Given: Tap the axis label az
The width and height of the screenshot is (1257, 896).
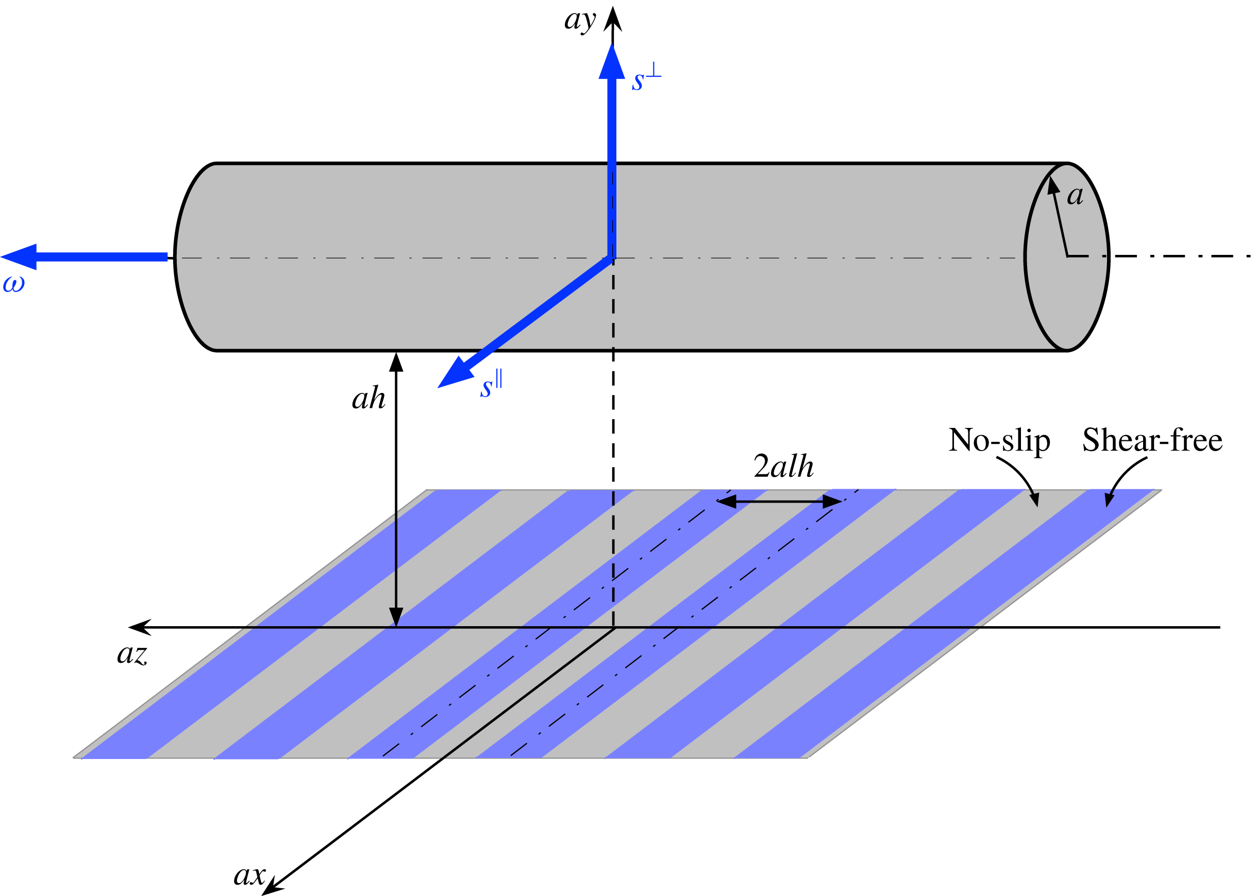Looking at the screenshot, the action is tap(132, 655).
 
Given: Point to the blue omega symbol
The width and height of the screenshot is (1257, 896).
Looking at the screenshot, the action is tap(14, 284).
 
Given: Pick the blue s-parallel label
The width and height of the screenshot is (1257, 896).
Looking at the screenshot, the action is tap(491, 383).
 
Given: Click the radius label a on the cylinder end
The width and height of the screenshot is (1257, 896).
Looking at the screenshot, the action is tap(1075, 196).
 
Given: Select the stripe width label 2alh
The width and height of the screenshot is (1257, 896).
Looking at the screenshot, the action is tap(783, 466).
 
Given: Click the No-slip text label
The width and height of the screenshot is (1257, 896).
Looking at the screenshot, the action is tap(999, 441).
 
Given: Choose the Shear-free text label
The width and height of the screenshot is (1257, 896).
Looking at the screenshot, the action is tap(1152, 440).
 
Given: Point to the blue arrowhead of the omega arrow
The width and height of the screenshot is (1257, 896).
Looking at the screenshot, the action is tap(19, 256).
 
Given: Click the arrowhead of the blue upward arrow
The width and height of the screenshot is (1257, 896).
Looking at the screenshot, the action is tap(612, 61).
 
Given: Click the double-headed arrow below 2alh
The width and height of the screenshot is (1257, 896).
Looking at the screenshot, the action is tap(779, 502).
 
